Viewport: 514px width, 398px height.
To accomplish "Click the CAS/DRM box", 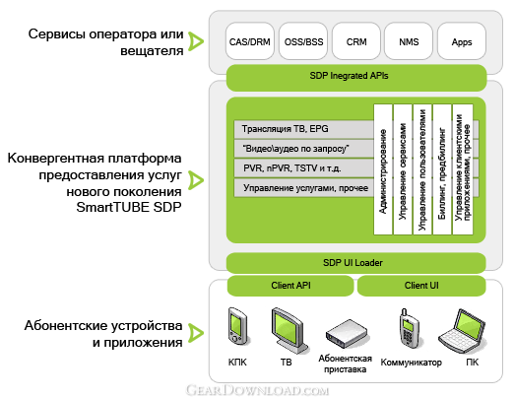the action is pyautogui.click(x=250, y=41).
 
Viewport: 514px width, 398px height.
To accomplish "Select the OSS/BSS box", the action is pyautogui.click(x=303, y=41).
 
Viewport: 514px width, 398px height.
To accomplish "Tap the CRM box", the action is pyautogui.click(x=356, y=41).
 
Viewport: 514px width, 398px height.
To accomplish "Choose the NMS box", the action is pyautogui.click(x=409, y=41).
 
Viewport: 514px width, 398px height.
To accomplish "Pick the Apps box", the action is pyautogui.click(x=462, y=41).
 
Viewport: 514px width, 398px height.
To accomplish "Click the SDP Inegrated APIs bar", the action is pyautogui.click(x=356, y=78).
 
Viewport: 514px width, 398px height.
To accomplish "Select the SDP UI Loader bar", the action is pyautogui.click(x=356, y=263).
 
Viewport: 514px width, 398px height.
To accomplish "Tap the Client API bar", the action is pyautogui.click(x=290, y=286).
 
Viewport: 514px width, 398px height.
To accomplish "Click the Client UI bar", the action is pyautogui.click(x=421, y=286).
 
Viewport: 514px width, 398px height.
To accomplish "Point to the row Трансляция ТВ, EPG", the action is pyautogui.click(x=303, y=129).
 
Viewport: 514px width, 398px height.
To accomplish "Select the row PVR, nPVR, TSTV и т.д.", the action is pyautogui.click(x=303, y=168).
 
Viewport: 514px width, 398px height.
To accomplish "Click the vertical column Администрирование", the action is pyautogui.click(x=383, y=169).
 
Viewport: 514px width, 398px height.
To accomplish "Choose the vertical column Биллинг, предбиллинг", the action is pyautogui.click(x=442, y=169).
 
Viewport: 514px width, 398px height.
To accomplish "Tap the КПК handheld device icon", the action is pyautogui.click(x=237, y=326).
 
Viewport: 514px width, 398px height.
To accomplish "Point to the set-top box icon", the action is pyautogui.click(x=347, y=334).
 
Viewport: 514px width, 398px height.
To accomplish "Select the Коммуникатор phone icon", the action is pyautogui.click(x=409, y=328).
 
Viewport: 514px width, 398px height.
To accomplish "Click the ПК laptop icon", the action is pyautogui.click(x=462, y=330).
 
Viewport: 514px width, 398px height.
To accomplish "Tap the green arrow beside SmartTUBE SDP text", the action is pyautogui.click(x=196, y=180).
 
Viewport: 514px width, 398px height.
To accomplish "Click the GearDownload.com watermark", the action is pyautogui.click(x=257, y=390).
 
